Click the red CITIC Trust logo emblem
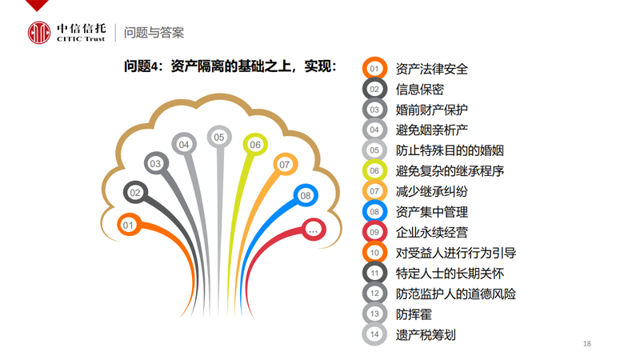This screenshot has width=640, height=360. (x=39, y=33)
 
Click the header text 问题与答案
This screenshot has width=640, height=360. (x=154, y=33)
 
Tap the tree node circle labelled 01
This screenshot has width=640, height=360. (x=129, y=225)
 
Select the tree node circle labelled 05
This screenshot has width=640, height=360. (x=219, y=137)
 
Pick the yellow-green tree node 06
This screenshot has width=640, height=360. (x=255, y=145)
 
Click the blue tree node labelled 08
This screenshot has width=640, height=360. (x=306, y=195)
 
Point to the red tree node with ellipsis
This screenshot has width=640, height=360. (x=313, y=230)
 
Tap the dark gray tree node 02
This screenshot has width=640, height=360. (x=135, y=193)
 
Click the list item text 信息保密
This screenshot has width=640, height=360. (x=419, y=90)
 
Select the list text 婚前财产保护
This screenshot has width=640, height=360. (x=431, y=110)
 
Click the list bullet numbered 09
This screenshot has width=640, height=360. (x=374, y=232)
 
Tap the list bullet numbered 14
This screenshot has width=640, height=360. (x=374, y=334)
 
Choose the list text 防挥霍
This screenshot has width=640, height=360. (x=414, y=314)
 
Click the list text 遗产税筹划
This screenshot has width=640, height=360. (x=426, y=334)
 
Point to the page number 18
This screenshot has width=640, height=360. (x=587, y=344)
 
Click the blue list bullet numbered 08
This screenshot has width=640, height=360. (x=374, y=211)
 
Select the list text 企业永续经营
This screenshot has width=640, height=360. (x=431, y=232)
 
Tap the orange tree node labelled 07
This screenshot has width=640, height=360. (x=285, y=165)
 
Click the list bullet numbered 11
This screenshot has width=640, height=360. (x=374, y=273)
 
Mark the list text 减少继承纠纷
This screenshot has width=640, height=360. (x=431, y=191)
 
